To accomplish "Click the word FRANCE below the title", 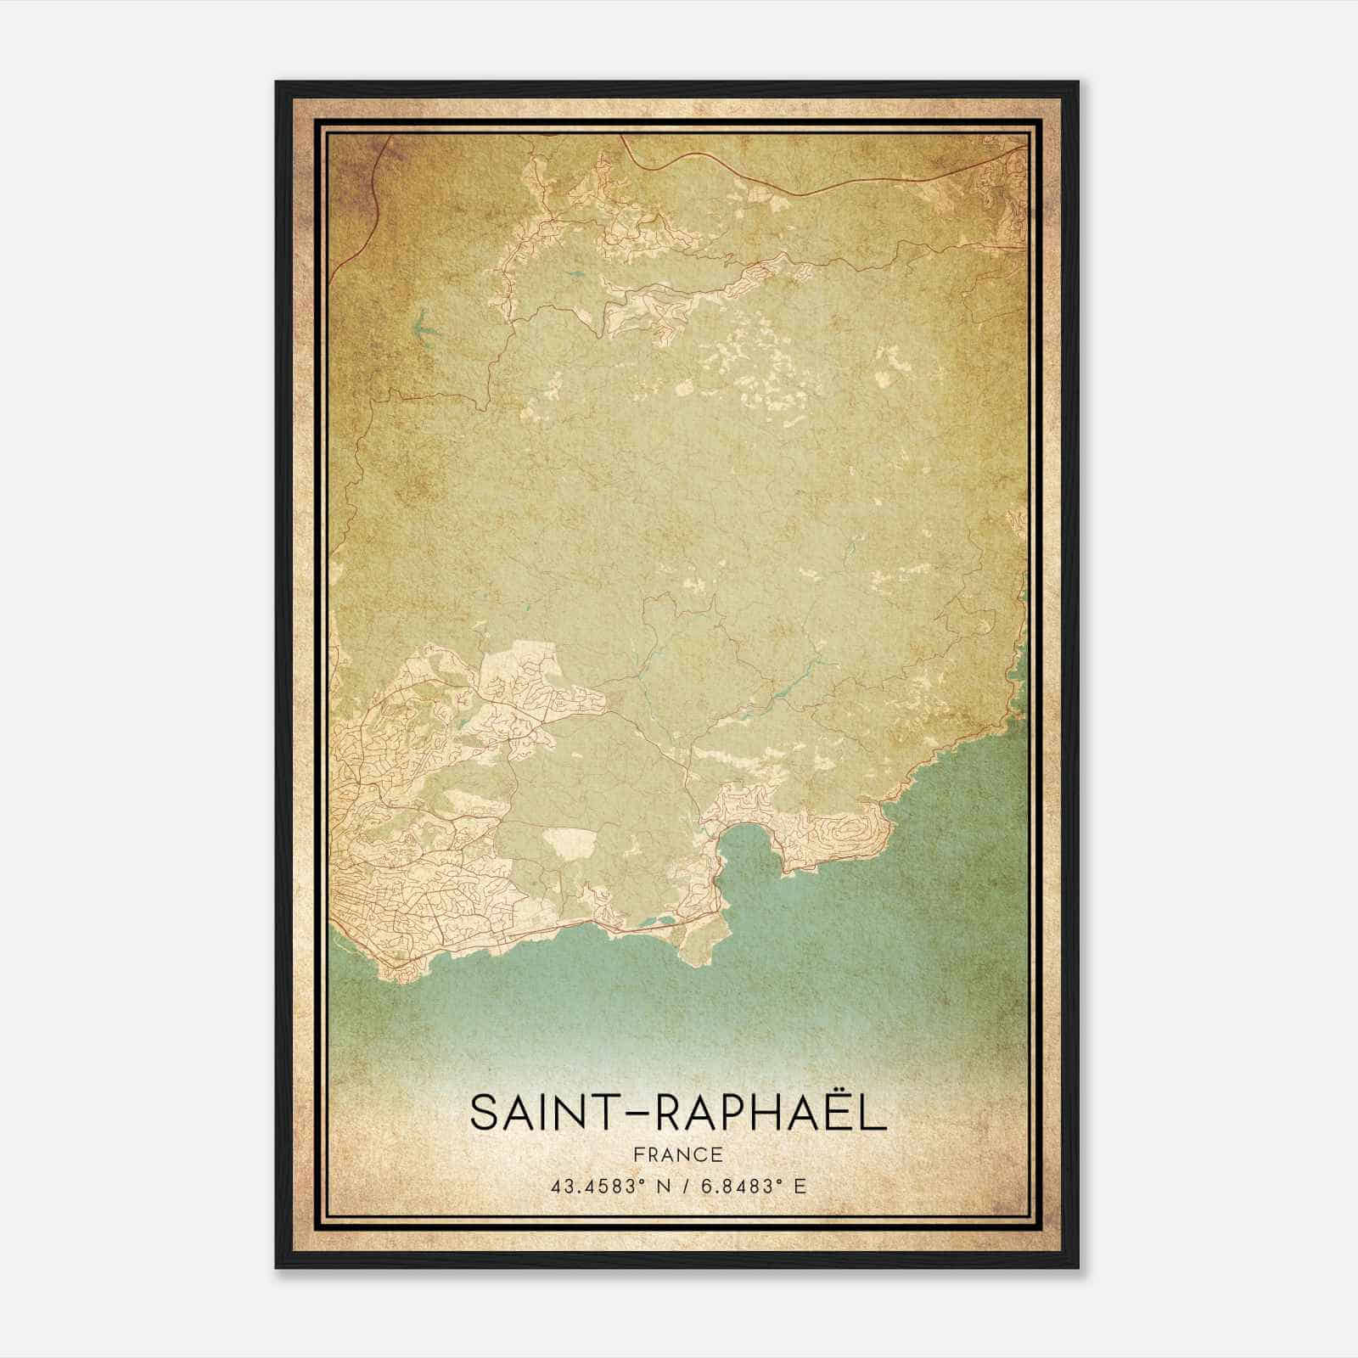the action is [x=678, y=1154].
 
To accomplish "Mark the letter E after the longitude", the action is [x=800, y=1187].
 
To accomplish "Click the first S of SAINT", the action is [x=485, y=1113].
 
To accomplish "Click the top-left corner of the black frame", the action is [x=278, y=83].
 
